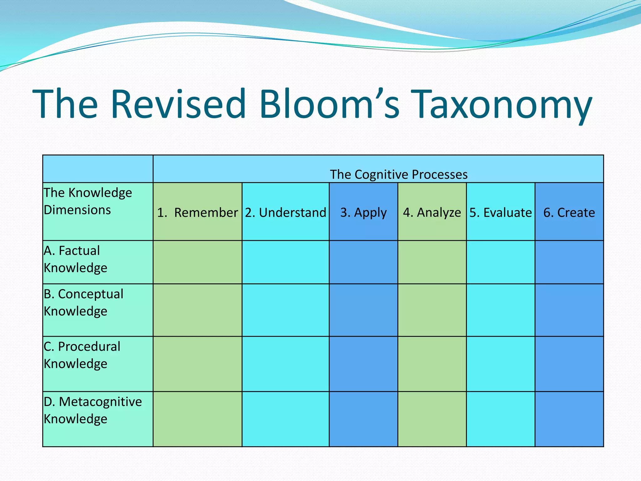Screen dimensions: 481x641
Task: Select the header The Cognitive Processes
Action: (398, 174)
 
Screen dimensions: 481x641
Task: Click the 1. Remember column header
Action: (197, 212)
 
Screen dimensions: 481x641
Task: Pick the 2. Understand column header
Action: (285, 212)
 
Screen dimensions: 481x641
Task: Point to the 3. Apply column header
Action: (363, 212)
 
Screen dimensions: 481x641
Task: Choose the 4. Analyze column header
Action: (432, 212)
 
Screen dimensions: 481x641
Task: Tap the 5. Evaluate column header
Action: (500, 212)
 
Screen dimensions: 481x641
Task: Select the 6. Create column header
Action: (569, 212)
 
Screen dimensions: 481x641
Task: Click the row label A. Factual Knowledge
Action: (75, 259)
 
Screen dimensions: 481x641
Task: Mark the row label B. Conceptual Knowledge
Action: (83, 303)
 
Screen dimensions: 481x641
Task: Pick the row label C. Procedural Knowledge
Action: (82, 355)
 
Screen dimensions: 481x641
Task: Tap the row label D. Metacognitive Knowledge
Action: (92, 410)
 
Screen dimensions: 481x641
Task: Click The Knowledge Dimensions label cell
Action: (88, 201)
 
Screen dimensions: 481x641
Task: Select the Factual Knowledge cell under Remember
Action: (197, 262)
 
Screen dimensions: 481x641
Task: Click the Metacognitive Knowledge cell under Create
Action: (569, 419)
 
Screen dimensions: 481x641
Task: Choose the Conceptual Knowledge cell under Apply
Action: (363, 310)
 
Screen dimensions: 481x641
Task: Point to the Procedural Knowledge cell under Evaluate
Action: (500, 364)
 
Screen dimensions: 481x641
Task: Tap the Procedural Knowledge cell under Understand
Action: (285, 364)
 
